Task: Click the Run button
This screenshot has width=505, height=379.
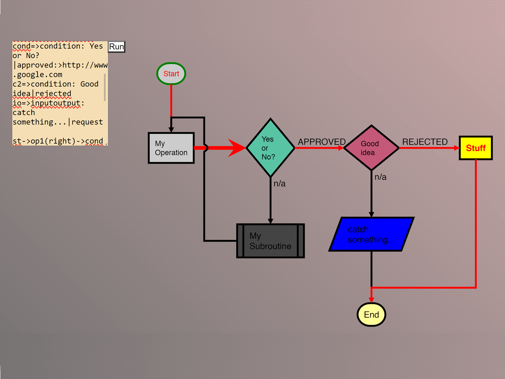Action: (x=116, y=47)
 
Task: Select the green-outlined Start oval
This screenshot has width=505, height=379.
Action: (x=171, y=74)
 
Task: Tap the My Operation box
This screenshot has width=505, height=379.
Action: (x=171, y=148)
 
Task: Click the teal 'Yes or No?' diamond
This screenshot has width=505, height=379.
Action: (x=270, y=148)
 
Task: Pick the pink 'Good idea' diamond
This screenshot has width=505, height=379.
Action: (x=371, y=148)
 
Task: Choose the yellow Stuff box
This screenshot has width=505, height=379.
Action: (x=476, y=148)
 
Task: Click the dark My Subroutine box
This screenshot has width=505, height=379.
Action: (x=270, y=241)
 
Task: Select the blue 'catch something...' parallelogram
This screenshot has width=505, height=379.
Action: (x=371, y=234)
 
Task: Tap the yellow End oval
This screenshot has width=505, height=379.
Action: (x=371, y=315)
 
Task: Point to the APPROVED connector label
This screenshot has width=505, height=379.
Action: (x=322, y=142)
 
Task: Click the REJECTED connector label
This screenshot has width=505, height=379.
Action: (x=425, y=142)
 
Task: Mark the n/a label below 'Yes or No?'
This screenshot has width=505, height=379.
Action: (x=279, y=184)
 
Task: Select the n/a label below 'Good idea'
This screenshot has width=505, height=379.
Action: (x=380, y=177)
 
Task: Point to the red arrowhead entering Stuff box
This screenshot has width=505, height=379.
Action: (x=456, y=148)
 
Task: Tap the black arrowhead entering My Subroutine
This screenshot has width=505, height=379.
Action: (x=270, y=221)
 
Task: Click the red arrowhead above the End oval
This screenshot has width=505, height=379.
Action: (x=371, y=300)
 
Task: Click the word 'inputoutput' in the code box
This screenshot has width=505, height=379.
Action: (x=55, y=103)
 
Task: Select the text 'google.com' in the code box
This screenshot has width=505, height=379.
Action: (x=39, y=75)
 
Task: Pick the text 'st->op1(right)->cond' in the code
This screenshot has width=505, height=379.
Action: (x=58, y=141)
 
